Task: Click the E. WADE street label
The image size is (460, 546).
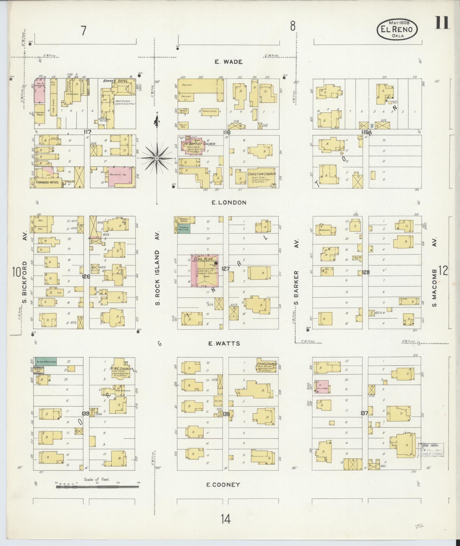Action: click(x=228, y=62)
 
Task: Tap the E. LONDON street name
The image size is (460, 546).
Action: click(x=229, y=203)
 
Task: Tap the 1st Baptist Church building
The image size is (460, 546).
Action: click(x=195, y=146)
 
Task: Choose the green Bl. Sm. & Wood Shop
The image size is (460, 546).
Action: click(x=45, y=361)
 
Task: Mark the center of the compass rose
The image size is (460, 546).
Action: click(x=157, y=158)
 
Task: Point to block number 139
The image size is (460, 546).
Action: click(x=85, y=414)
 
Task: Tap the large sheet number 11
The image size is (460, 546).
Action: click(x=442, y=23)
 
